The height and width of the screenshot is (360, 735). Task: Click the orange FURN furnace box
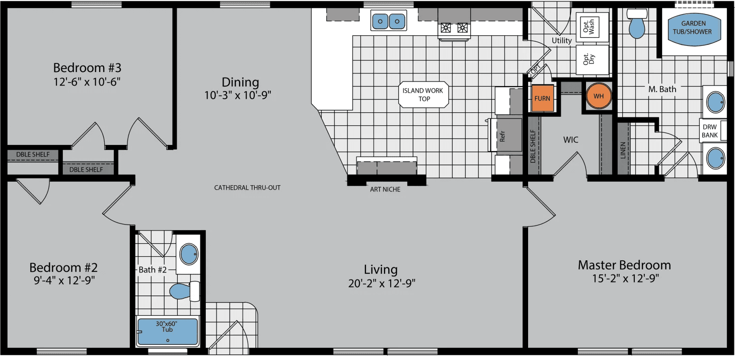(542, 99)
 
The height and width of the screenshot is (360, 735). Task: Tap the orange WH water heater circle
(599, 96)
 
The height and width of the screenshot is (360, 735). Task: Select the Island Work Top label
(423, 95)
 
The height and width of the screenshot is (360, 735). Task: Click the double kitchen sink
(389, 21)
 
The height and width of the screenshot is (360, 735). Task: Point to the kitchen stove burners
(454, 28)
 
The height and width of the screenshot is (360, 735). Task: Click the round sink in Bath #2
(189, 254)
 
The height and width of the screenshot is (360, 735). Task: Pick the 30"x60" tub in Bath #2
(168, 331)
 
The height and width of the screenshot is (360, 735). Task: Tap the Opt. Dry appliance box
(592, 59)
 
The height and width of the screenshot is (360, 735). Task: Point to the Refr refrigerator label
(502, 136)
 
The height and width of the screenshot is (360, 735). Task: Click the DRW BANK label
(709, 131)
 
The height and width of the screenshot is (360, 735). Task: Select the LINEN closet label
(623, 150)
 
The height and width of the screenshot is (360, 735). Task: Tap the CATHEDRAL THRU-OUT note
(247, 188)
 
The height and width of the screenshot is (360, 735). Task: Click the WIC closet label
(571, 139)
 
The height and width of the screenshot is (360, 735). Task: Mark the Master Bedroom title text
(624, 265)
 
